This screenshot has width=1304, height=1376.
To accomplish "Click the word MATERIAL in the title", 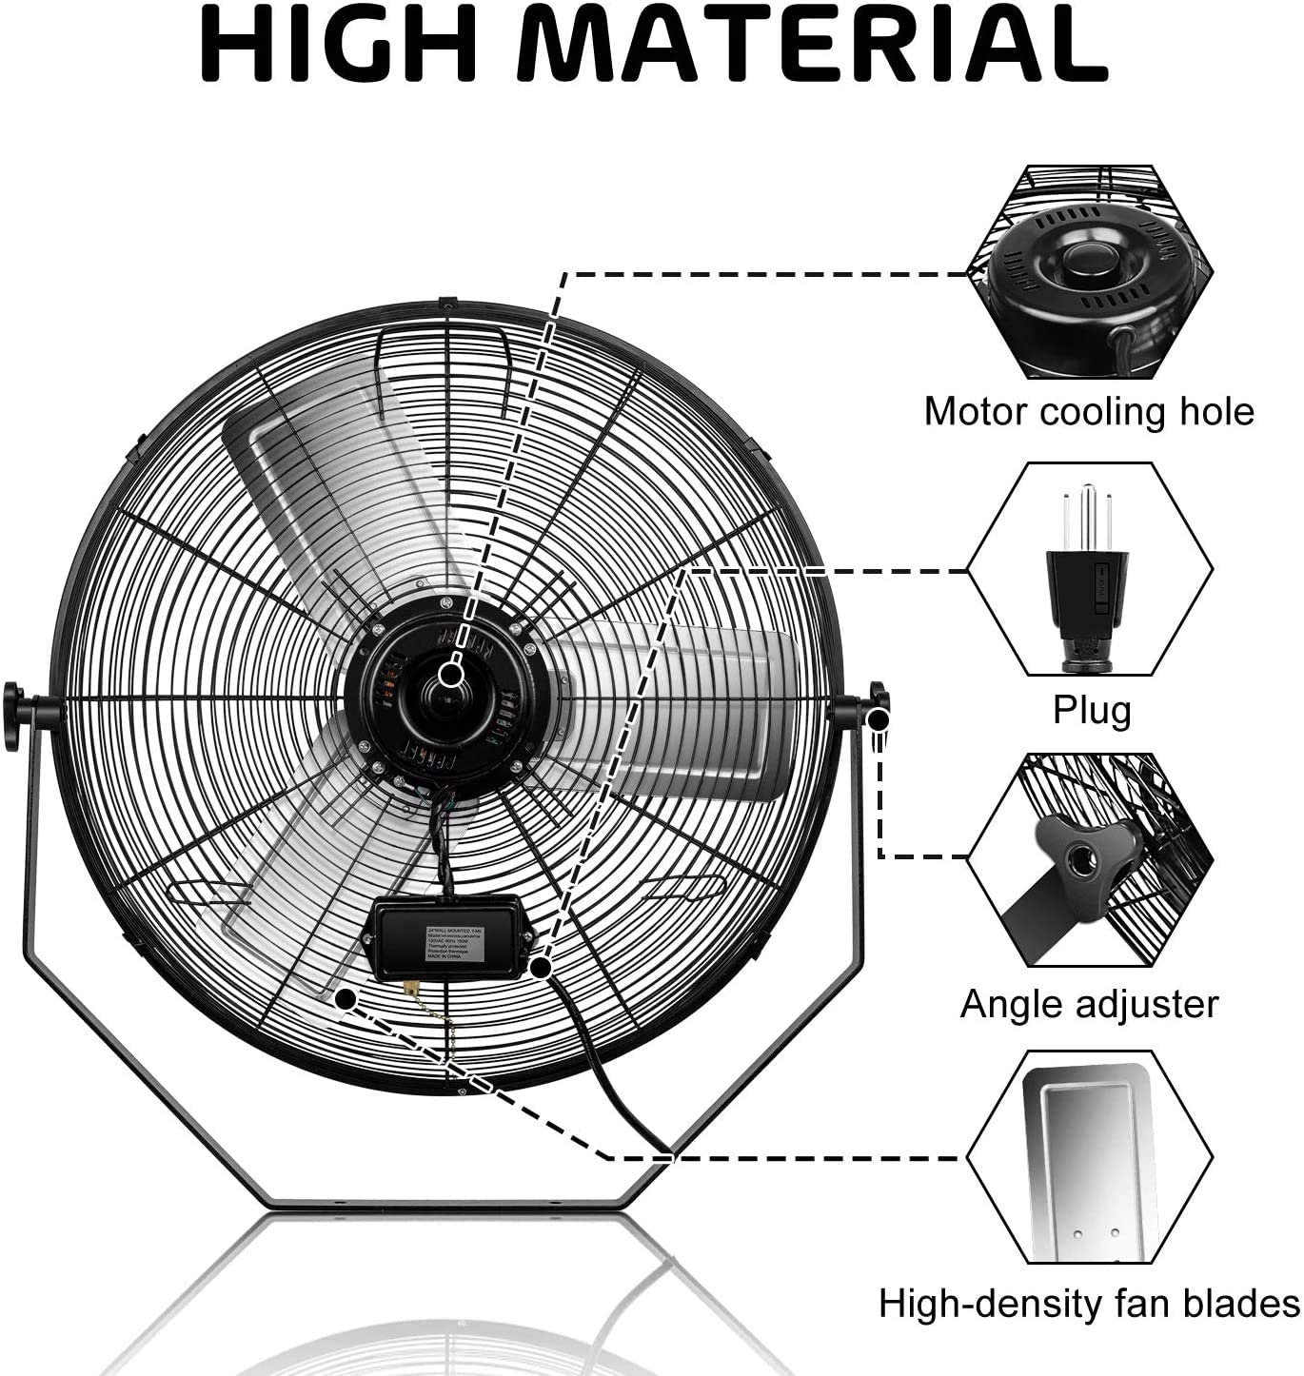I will coord(819,45).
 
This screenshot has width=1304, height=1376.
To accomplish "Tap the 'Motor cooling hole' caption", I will coord(1089,412).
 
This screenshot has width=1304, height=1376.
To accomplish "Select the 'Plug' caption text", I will coord(1092,709).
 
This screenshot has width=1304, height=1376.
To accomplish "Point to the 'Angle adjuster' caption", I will coord(1089,1004).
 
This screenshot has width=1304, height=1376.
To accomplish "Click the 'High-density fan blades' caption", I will coord(1089,1303).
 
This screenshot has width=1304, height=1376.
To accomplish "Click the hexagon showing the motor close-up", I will coord(1090,273).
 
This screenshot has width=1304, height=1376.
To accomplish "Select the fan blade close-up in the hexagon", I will coord(1090,1156).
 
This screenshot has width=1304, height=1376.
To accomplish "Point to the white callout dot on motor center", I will coord(452,674).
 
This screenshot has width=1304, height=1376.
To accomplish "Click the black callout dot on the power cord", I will coord(541,968).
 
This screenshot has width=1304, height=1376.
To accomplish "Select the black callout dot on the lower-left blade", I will coord(346,997).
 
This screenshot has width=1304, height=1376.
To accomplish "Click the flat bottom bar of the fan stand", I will coord(447,1205).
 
